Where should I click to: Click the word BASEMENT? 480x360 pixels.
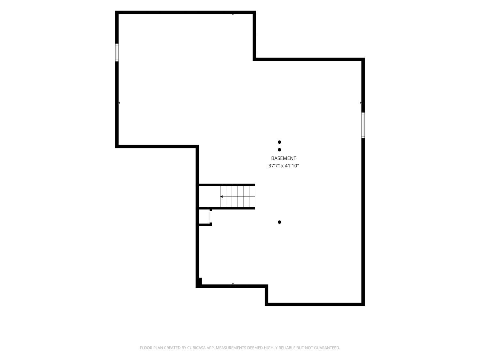click(284, 158)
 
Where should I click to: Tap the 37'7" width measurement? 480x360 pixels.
click(274, 166)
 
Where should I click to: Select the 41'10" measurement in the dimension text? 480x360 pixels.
click(292, 166)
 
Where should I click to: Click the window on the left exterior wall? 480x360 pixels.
click(117, 52)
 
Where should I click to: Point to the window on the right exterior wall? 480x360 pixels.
click(363, 125)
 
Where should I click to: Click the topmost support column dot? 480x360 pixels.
click(279, 142)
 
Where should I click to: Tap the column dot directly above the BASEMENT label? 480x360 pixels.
click(279, 150)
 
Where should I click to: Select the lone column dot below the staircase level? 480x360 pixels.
click(279, 222)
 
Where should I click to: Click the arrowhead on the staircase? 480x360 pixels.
click(221, 197)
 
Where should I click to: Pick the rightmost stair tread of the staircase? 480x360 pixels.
click(252, 197)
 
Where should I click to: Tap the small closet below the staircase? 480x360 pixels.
click(204, 216)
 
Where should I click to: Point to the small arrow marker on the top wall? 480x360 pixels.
click(233, 15)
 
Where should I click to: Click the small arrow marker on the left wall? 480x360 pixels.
click(119, 102)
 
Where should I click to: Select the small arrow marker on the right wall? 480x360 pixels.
click(361, 102)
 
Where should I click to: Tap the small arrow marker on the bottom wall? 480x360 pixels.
click(233, 284)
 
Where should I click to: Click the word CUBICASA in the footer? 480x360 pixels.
click(196, 348)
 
